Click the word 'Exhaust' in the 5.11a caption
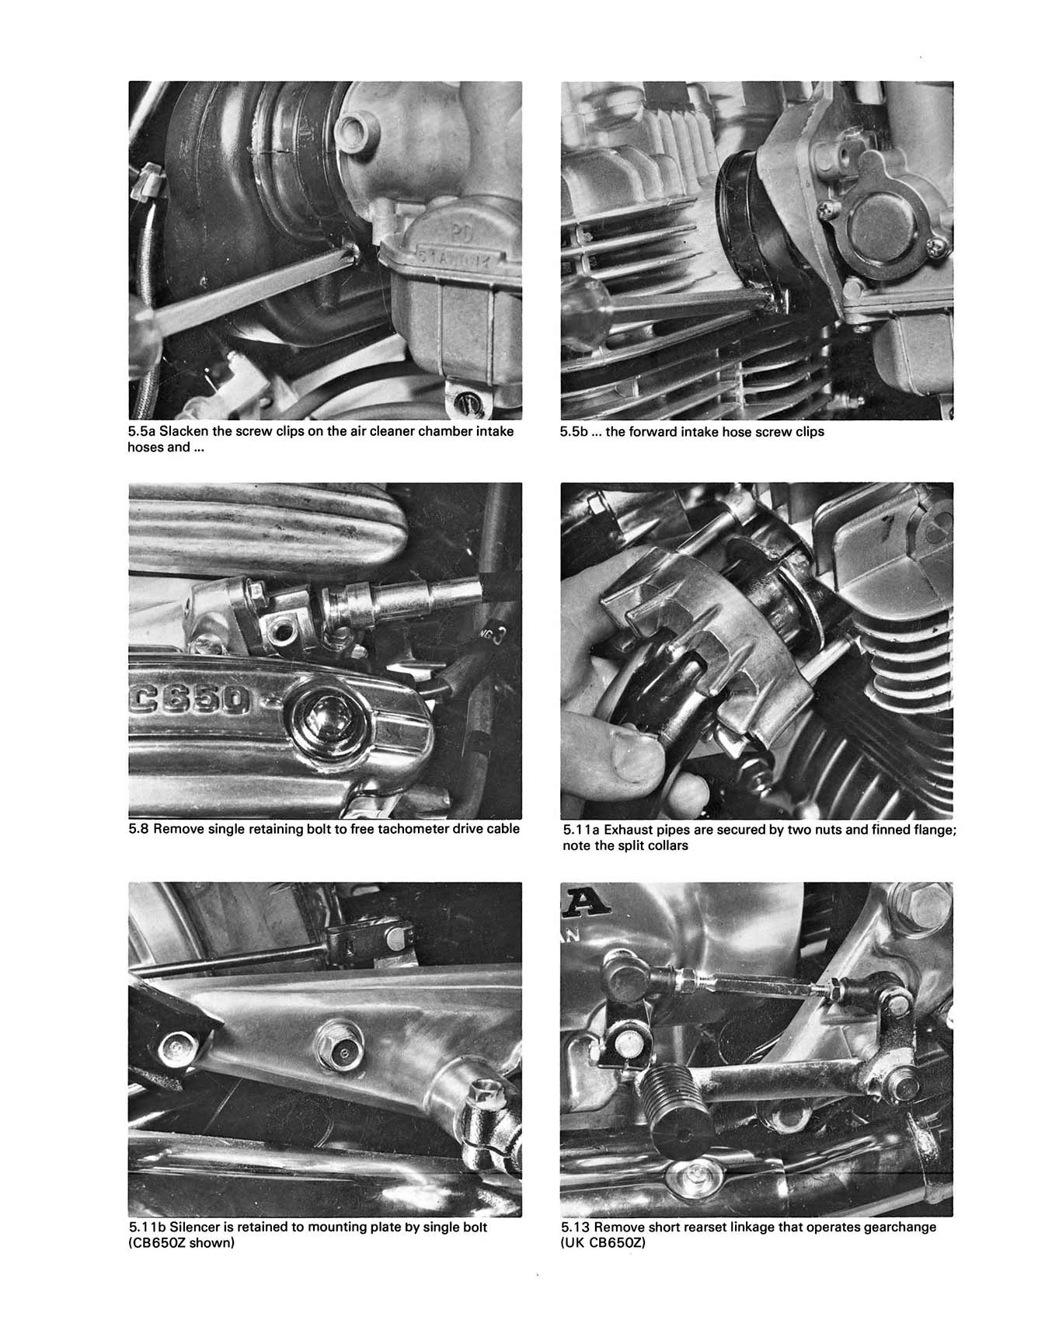(x=625, y=830)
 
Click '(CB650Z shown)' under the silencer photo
(x=182, y=1242)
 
